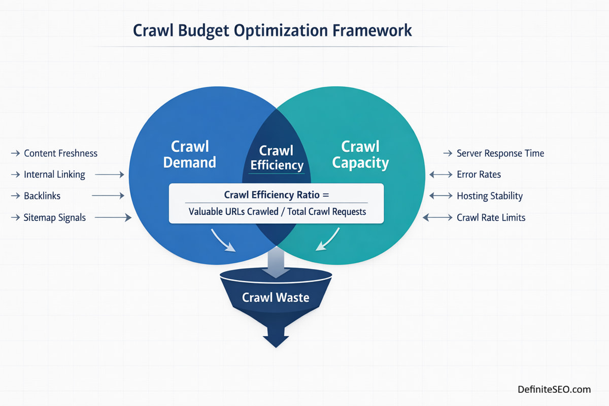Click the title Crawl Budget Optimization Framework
point(272,30)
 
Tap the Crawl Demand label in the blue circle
point(190,154)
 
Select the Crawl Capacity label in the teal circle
point(360,154)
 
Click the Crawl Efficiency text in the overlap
point(277,158)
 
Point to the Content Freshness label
point(60,153)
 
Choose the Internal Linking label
point(54,175)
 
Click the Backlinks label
point(42,196)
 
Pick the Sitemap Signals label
point(55,217)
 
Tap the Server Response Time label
point(500,153)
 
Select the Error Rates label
point(479,175)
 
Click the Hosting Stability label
point(489,196)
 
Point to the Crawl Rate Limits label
point(491,218)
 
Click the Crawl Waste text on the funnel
point(276,297)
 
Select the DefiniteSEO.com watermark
point(554,389)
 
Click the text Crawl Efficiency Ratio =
point(277,194)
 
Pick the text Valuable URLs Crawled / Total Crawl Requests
point(277,212)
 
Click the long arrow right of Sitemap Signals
point(113,218)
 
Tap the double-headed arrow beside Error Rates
point(440,175)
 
